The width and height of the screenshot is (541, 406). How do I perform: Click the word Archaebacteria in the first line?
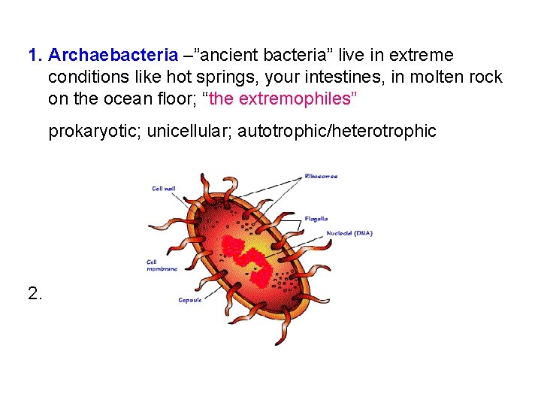pyautogui.click(x=113, y=56)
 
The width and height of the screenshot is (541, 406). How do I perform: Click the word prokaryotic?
pyautogui.click(x=94, y=132)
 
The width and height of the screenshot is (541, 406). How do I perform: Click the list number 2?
pyautogui.click(x=35, y=293)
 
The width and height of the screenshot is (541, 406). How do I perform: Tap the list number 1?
pyautogui.click(x=35, y=56)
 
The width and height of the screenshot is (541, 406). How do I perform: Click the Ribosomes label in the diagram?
pyautogui.click(x=321, y=177)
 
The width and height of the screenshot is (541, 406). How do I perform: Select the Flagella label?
pyautogui.click(x=316, y=219)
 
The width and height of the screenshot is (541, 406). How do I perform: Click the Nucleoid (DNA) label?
pyautogui.click(x=349, y=233)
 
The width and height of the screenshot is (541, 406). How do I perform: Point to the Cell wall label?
pyautogui.click(x=163, y=189)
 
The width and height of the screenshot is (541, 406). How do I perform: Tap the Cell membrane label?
pyautogui.click(x=162, y=265)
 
